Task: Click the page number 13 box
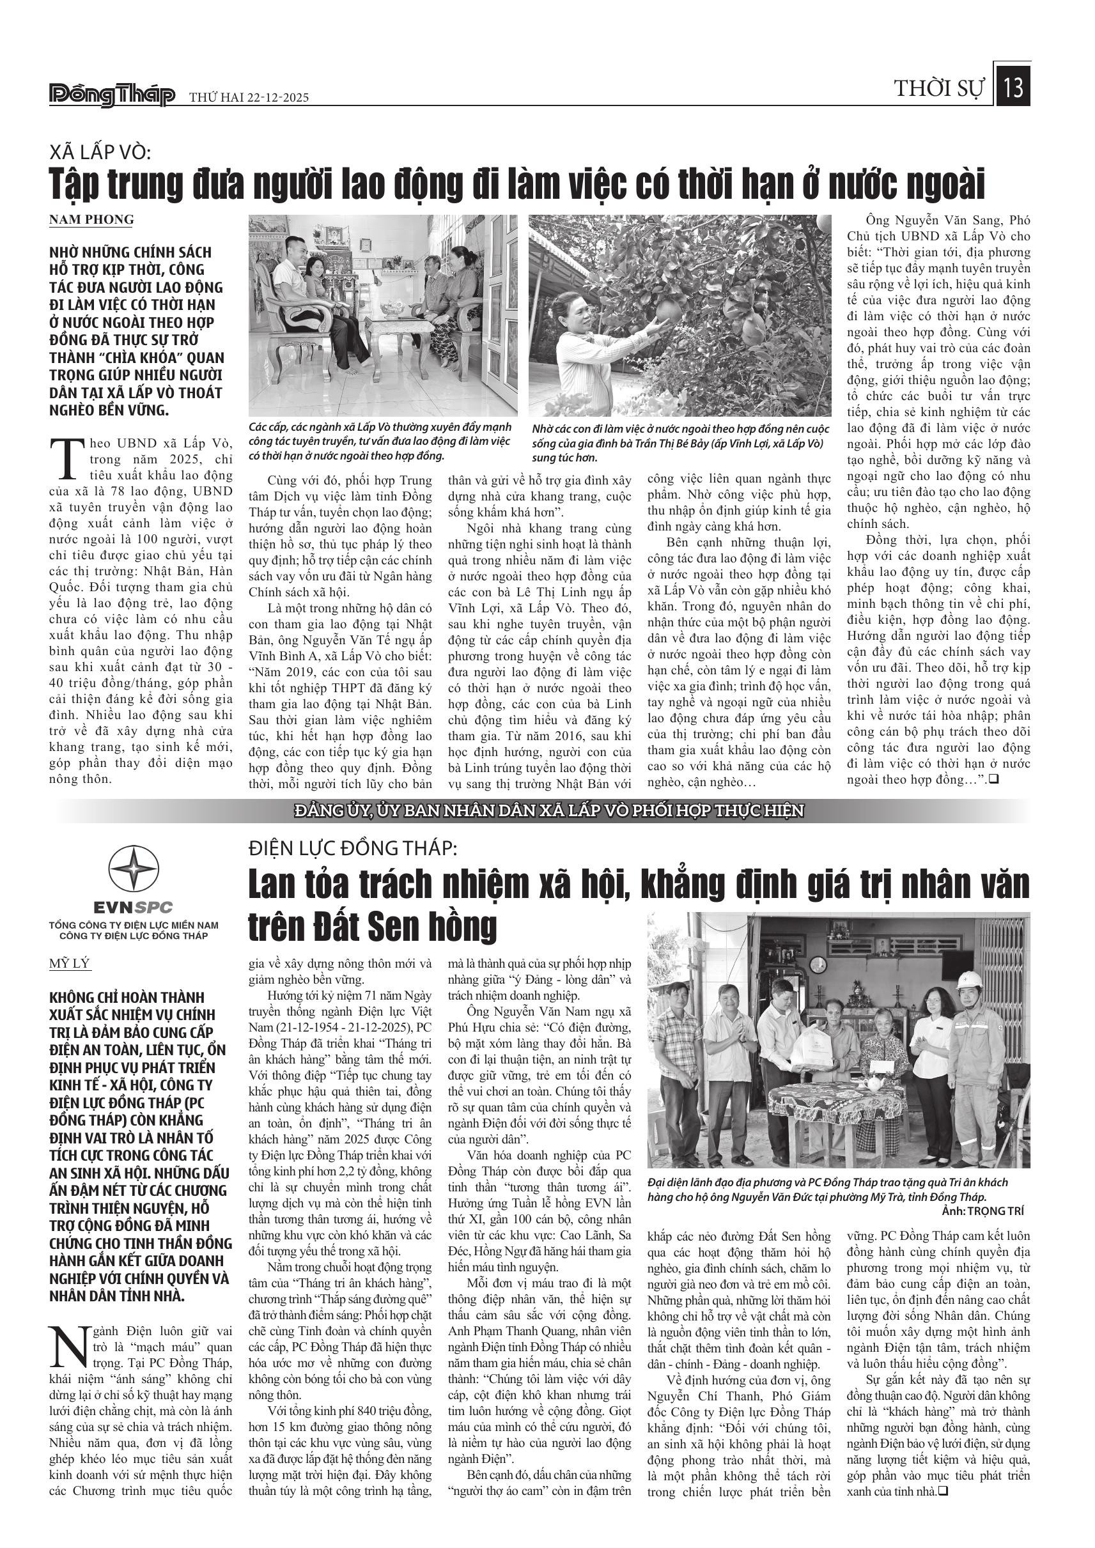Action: (1013, 88)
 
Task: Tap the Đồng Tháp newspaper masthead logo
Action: (112, 96)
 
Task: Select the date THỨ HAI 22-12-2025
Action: (248, 98)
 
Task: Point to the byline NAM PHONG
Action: (91, 220)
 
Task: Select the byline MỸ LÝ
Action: (70, 963)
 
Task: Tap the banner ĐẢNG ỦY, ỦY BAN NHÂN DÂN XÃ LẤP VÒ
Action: (549, 810)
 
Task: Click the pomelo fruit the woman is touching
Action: (669, 311)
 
